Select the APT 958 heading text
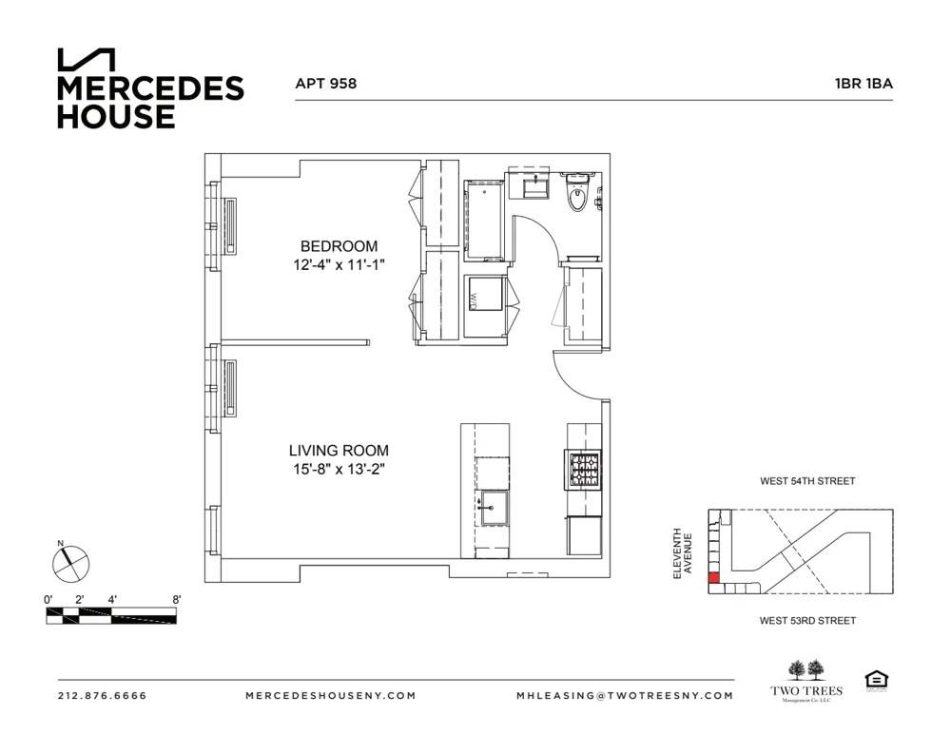tap(326, 84)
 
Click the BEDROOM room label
tap(339, 246)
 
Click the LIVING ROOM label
tap(339, 451)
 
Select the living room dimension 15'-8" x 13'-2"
tap(339, 469)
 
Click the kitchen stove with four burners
tap(584, 470)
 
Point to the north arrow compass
tap(69, 563)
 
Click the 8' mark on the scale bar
tap(176, 600)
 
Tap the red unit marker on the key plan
tap(713, 577)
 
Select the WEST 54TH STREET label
tap(807, 481)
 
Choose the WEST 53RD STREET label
tap(807, 621)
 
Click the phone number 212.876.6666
tap(103, 695)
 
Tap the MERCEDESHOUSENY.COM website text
tap(330, 695)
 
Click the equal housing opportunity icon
tap(874, 681)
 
